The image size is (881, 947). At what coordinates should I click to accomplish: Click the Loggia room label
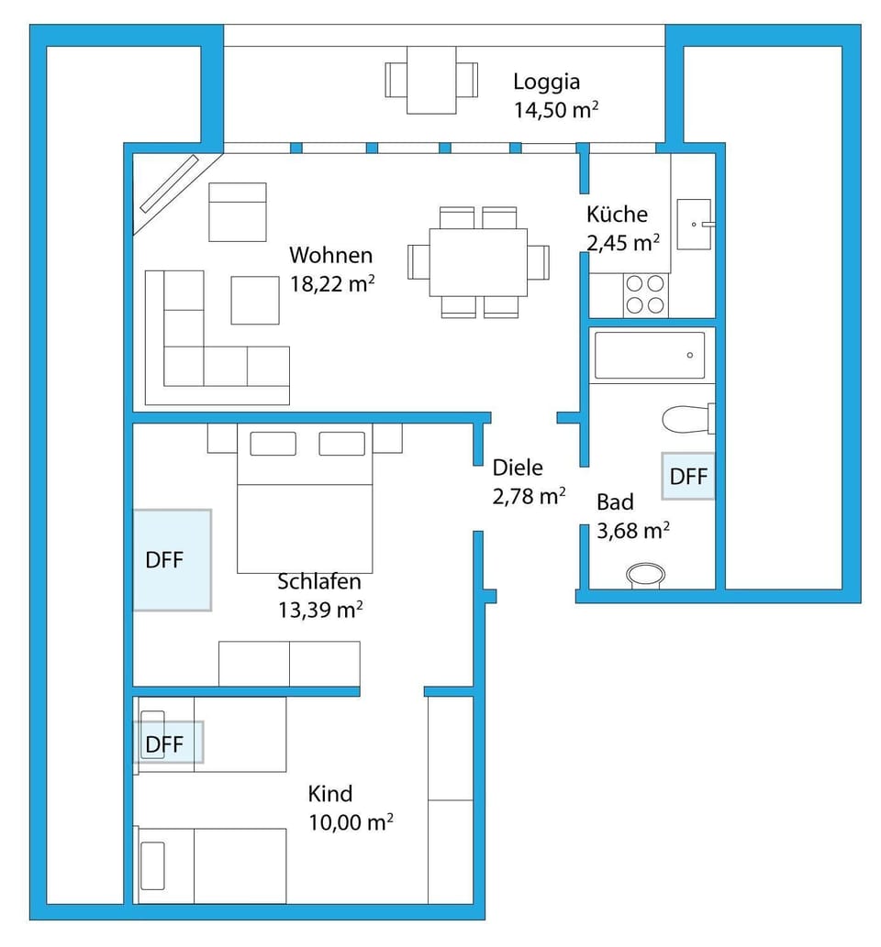pos(546,82)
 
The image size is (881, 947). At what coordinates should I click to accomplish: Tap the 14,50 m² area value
pos(556,111)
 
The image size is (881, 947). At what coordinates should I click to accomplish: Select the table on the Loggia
pos(431,80)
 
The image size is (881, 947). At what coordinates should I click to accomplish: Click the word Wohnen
pos(330,254)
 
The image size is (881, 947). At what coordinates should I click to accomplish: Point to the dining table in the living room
pos(478,261)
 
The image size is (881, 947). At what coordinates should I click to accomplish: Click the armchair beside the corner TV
pos(237,212)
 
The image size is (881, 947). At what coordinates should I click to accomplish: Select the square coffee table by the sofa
pos(254,300)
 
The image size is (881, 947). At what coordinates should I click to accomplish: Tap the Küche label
pos(617,215)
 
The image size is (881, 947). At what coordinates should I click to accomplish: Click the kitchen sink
pos(693,223)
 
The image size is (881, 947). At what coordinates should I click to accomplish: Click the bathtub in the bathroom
pos(650,356)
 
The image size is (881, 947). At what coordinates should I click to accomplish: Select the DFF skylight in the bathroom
pos(688,477)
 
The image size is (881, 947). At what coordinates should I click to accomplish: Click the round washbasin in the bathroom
pos(645,576)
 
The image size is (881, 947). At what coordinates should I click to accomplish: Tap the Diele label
pos(518,468)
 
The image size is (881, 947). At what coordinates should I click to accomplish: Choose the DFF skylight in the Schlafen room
pos(172,560)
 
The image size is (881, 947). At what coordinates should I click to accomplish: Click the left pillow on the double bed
pos(273,444)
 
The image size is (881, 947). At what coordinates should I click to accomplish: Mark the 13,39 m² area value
pos(319,611)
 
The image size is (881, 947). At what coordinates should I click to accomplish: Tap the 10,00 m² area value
pos(351,823)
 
